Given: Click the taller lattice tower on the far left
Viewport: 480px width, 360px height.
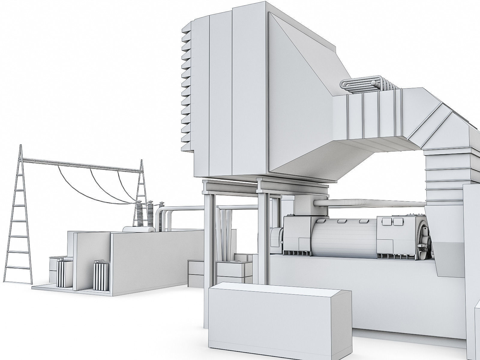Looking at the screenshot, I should click(x=19, y=216).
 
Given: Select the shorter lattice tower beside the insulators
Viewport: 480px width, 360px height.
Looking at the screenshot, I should click(x=141, y=186).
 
